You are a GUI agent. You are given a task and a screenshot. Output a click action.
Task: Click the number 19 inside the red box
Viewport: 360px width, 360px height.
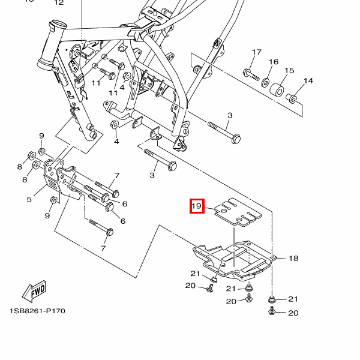[197, 206]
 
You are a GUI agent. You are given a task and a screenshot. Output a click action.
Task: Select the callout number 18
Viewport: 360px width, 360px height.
[293, 259]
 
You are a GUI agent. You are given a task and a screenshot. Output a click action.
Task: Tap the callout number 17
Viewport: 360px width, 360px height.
[257, 53]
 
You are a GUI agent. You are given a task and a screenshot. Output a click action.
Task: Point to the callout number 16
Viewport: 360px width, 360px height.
[274, 62]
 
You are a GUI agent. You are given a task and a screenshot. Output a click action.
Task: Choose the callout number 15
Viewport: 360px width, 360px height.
[289, 71]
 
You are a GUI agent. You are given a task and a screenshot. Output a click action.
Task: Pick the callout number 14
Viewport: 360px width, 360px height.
[308, 81]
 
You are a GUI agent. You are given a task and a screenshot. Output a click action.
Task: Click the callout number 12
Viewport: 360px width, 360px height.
[58, 3]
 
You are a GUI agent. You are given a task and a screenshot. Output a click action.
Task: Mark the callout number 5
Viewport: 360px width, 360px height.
[29, 199]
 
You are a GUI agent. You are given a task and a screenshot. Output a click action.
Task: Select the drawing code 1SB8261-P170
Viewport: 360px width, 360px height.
[37, 311]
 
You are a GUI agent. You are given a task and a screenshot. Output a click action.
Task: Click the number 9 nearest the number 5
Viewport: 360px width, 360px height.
[47, 215]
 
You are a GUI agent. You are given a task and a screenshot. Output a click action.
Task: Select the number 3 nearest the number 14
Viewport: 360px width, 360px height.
[230, 115]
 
